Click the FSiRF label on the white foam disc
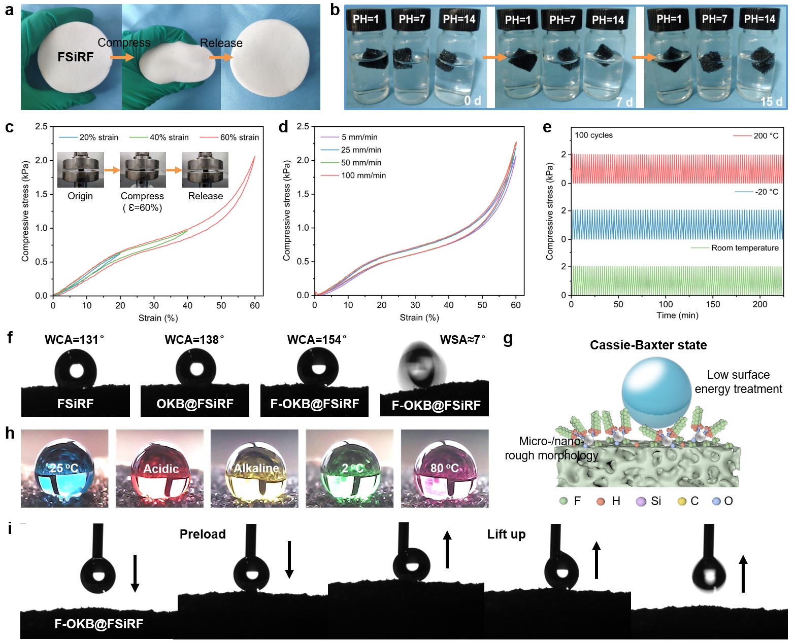pos(76,57)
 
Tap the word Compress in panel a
pos(124,43)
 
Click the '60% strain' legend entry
pos(239,137)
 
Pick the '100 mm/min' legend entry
pos(363,175)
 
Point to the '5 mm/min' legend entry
pos(359,137)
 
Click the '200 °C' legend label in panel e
pos(766,136)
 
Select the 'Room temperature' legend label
pos(744,248)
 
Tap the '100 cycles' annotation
pos(593,135)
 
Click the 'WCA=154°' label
pos(317,340)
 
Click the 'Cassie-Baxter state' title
pos(648,345)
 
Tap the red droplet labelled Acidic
pos(160,469)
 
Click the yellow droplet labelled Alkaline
pos(255,469)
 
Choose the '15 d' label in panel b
pos(771,102)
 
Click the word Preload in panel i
pos(203,534)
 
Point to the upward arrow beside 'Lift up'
pos(597,560)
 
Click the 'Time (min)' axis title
pos(677,315)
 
